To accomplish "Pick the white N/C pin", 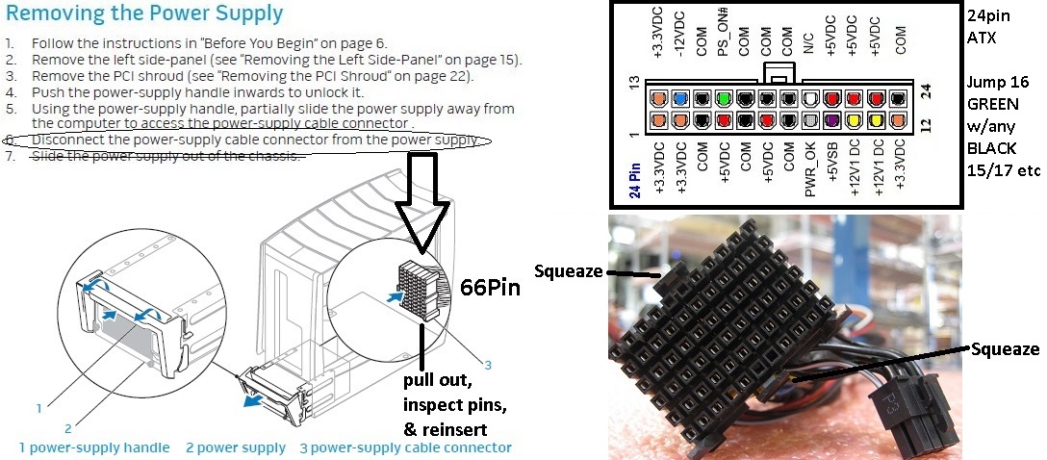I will pyautogui.click(x=809, y=98).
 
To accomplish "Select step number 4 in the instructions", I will pyautogui.click(x=10, y=92).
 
